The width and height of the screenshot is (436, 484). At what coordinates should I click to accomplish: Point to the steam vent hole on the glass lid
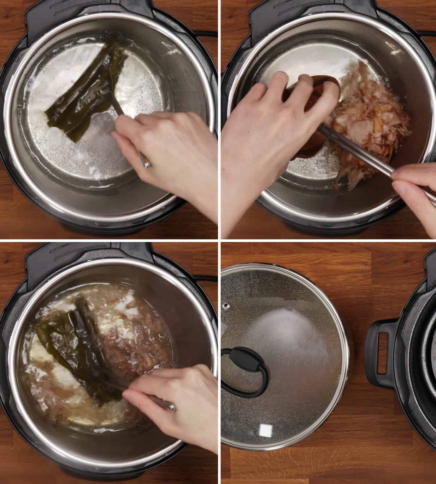pyautogui.click(x=226, y=305)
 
